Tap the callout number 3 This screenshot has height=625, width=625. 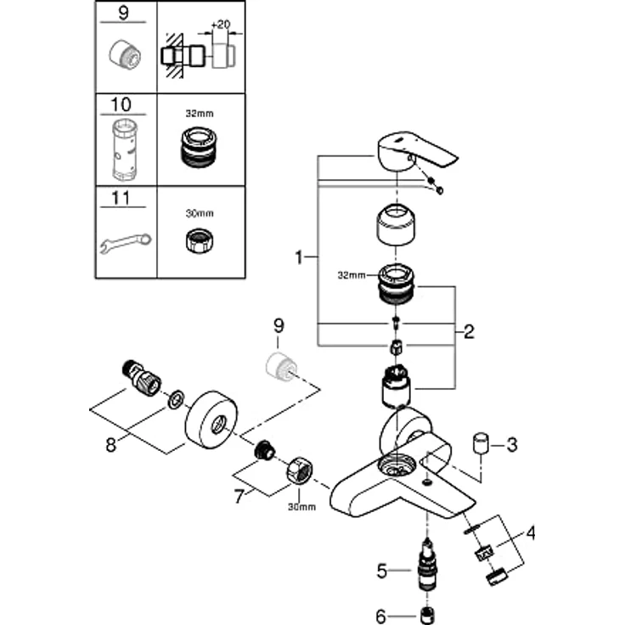(x=511, y=445)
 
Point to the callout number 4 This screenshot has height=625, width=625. (x=531, y=535)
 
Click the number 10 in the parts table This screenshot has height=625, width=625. (x=123, y=104)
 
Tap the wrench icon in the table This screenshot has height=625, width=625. (x=125, y=245)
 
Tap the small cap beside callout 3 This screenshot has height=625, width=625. (x=482, y=443)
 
